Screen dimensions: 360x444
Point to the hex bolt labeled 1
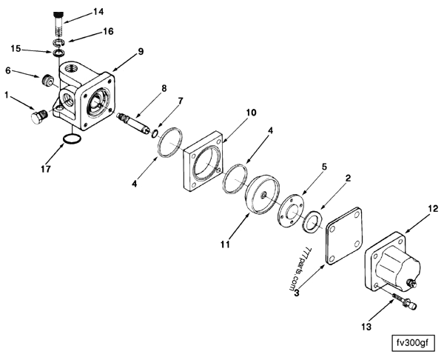(37, 116)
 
